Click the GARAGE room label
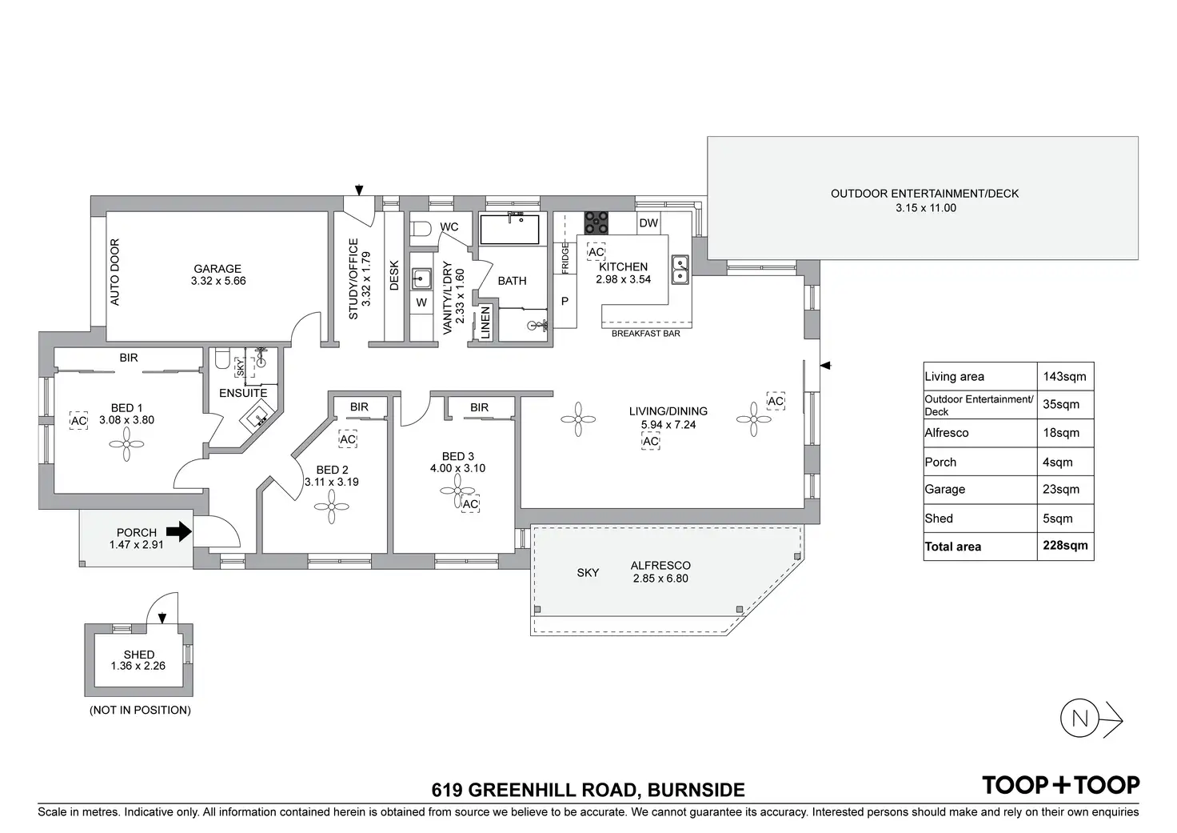(x=217, y=270)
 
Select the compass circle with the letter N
(x=1079, y=719)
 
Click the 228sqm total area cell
(x=1065, y=547)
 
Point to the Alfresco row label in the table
(x=947, y=433)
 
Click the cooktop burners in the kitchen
(x=595, y=222)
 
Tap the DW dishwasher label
(x=648, y=223)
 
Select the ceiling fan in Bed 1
(x=126, y=443)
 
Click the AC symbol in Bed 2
(x=348, y=439)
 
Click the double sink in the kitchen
(x=680, y=270)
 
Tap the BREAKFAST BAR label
(x=645, y=334)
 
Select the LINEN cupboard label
(x=485, y=322)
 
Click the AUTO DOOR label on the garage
(x=115, y=272)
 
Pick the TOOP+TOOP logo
(x=1060, y=785)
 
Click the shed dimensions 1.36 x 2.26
(x=138, y=666)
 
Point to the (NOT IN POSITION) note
(x=140, y=710)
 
